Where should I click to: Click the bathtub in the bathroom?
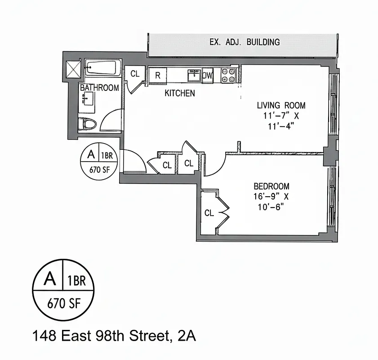point(103,68)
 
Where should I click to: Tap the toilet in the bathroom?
point(88,124)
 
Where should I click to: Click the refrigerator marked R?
point(158,75)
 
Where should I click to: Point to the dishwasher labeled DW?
point(207,76)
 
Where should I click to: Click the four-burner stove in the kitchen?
point(229,75)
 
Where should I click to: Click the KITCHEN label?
point(180,93)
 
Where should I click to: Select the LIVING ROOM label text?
point(281,105)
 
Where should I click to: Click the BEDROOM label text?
point(271,186)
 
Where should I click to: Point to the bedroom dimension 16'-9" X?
point(270,197)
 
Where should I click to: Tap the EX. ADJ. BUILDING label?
point(245,42)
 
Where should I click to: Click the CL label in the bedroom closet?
point(209,213)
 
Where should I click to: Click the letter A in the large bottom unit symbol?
point(50,279)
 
